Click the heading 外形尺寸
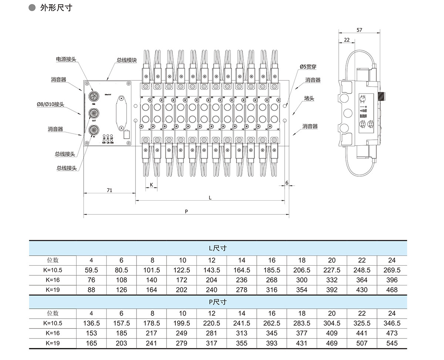[55, 8]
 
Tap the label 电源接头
[66, 59]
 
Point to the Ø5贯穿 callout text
[308, 67]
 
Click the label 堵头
[309, 98]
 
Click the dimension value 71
[109, 190]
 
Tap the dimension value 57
[359, 30]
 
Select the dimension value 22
[347, 40]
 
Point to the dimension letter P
[186, 211]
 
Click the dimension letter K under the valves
[151, 184]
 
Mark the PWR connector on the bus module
[94, 97]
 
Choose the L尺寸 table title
[218, 248]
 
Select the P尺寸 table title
[218, 302]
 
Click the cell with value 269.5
[391, 270]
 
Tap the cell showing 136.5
[91, 323]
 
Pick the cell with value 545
[391, 343]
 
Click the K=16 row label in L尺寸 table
[53, 280]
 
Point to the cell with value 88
[91, 290]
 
